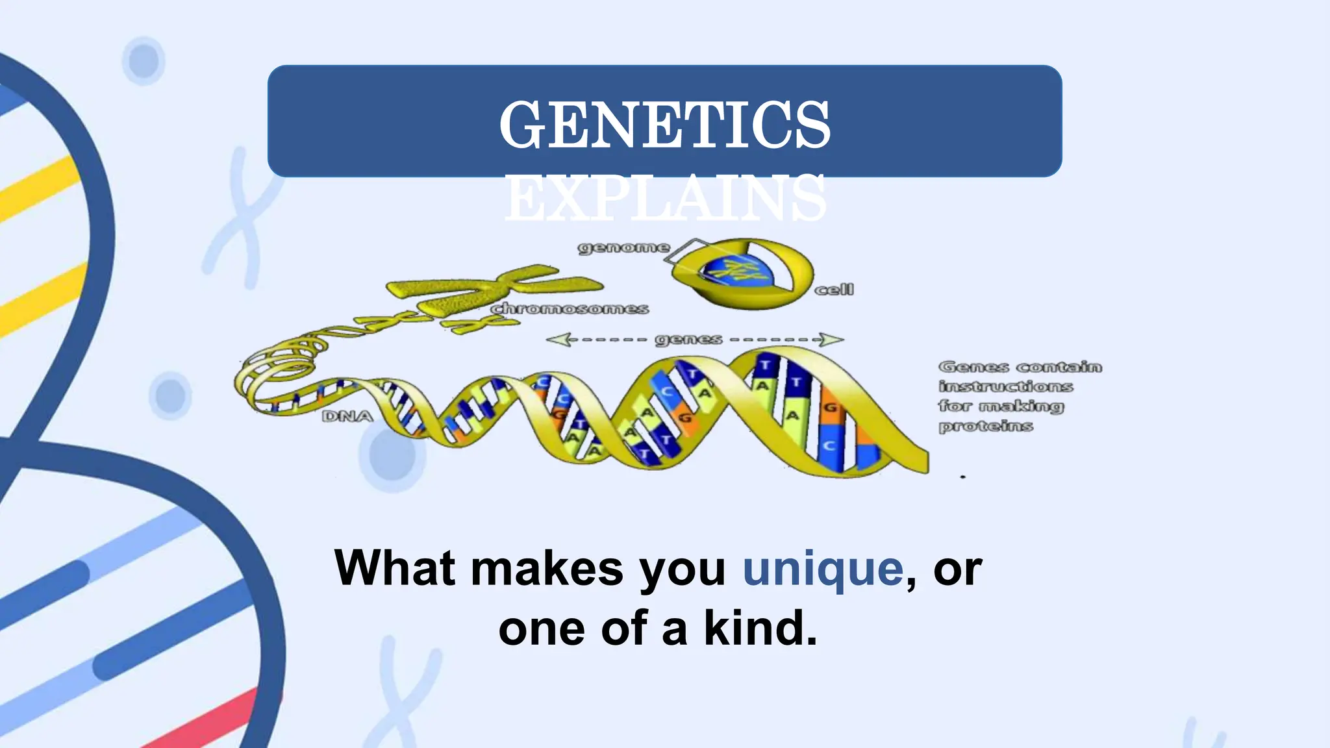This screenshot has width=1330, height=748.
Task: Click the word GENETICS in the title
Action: (664, 125)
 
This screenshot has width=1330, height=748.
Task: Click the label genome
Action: (623, 247)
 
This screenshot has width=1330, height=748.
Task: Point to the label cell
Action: (834, 290)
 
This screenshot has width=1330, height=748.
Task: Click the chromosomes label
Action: (570, 308)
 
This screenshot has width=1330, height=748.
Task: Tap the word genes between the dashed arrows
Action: (688, 340)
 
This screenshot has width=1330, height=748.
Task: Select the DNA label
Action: (347, 416)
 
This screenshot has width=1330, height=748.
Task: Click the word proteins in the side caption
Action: (985, 427)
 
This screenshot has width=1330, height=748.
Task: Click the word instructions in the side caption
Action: (1005, 387)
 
